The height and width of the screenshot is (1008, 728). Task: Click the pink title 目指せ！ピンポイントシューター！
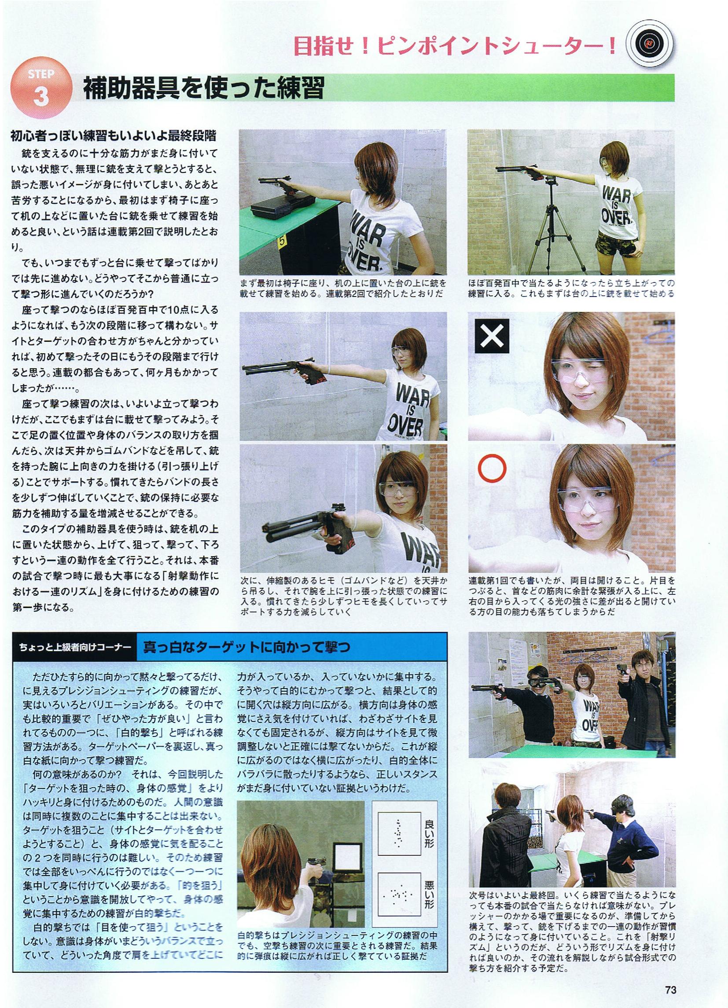pos(455,46)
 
